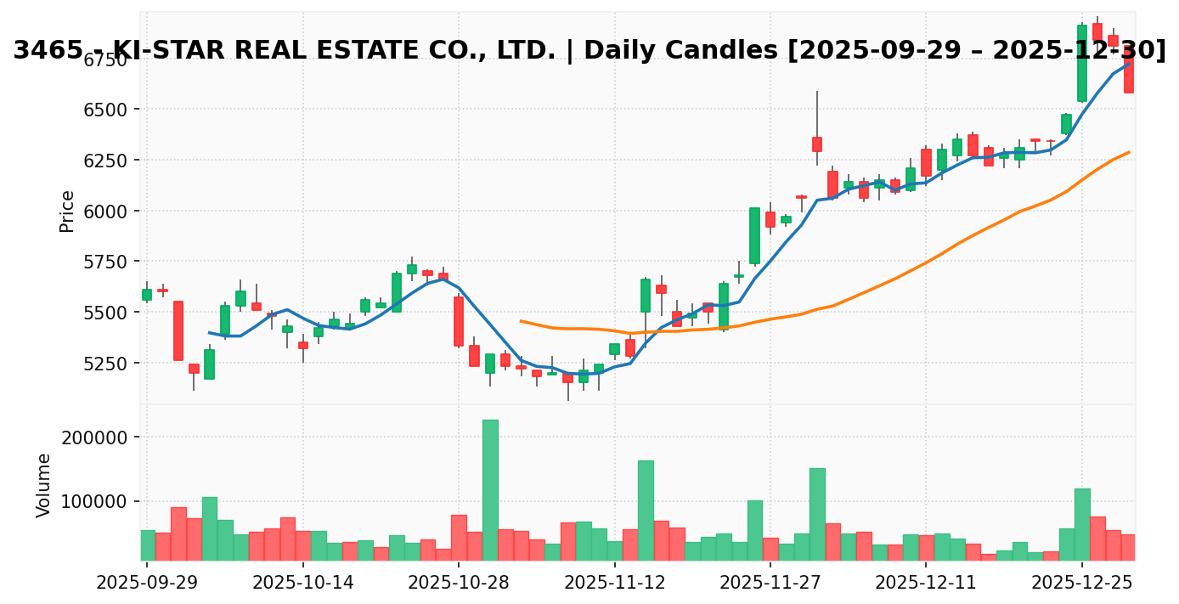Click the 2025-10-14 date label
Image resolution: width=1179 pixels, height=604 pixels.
click(x=302, y=584)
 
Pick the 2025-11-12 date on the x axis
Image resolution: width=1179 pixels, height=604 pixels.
click(x=614, y=584)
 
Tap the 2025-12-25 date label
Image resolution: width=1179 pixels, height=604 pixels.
click(x=1082, y=584)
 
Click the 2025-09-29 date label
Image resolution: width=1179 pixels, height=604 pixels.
click(x=146, y=584)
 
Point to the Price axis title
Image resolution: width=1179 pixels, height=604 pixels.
click(x=67, y=211)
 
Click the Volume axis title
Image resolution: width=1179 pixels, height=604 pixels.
click(x=44, y=484)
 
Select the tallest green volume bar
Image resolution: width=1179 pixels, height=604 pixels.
click(x=490, y=489)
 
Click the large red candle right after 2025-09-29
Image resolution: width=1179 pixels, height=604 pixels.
click(x=178, y=330)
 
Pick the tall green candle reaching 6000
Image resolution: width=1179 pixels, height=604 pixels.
click(x=754, y=235)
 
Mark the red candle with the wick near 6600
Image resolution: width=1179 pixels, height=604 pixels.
click(x=816, y=144)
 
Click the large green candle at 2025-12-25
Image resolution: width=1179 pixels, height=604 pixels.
click(x=1082, y=63)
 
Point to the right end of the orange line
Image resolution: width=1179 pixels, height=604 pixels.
click(x=1129, y=152)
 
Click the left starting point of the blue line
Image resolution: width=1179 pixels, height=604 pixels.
click(x=209, y=333)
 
